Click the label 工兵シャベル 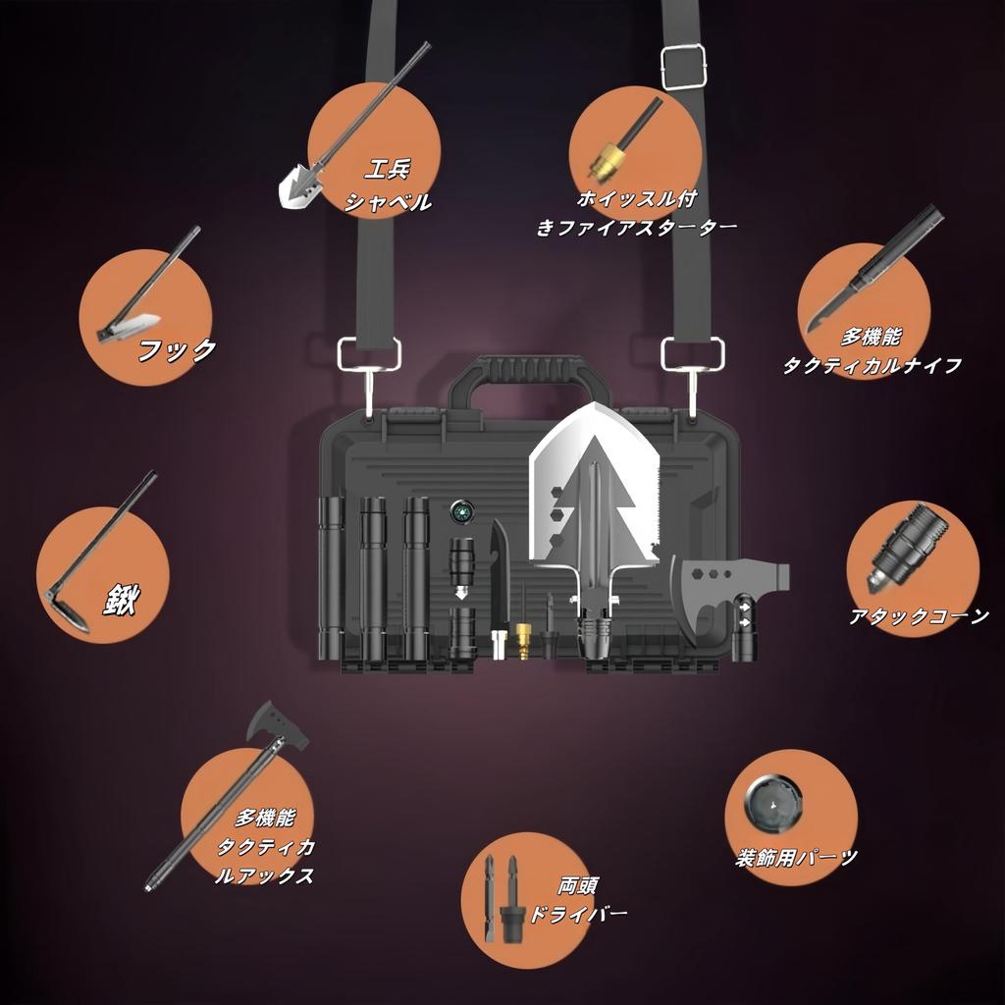pos(387,186)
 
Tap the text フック pos(177,350)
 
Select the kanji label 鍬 pos(115,601)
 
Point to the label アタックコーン pos(919,617)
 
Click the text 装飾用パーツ pos(797,858)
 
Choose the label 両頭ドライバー pos(578,899)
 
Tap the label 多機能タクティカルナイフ pos(872,351)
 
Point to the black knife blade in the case pos(501,579)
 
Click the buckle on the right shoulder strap pos(685,66)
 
